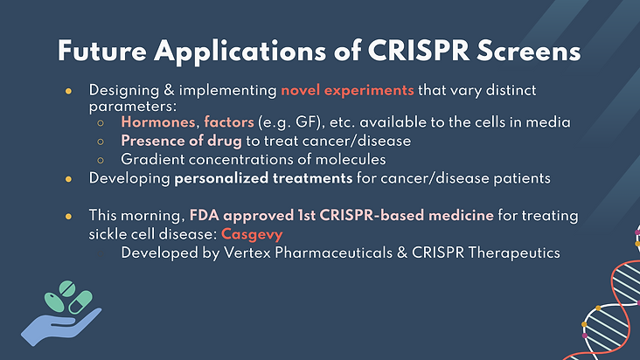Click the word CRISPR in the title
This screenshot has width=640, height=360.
419,52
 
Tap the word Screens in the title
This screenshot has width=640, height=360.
529,52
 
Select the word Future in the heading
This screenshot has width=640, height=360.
102,52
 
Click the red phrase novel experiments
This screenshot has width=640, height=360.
347,90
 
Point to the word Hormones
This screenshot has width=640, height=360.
158,122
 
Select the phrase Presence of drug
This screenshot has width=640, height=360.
181,141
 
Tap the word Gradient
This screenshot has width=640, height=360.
153,159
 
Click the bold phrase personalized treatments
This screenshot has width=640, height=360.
263,178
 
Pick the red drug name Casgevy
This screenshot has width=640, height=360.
252,234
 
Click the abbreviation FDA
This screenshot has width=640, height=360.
204,215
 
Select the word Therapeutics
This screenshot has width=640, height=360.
514,253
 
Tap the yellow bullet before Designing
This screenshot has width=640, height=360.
68,91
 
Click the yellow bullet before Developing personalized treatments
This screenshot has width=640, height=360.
68,179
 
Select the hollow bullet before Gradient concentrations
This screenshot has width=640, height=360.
101,160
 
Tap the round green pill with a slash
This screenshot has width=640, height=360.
67,288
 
